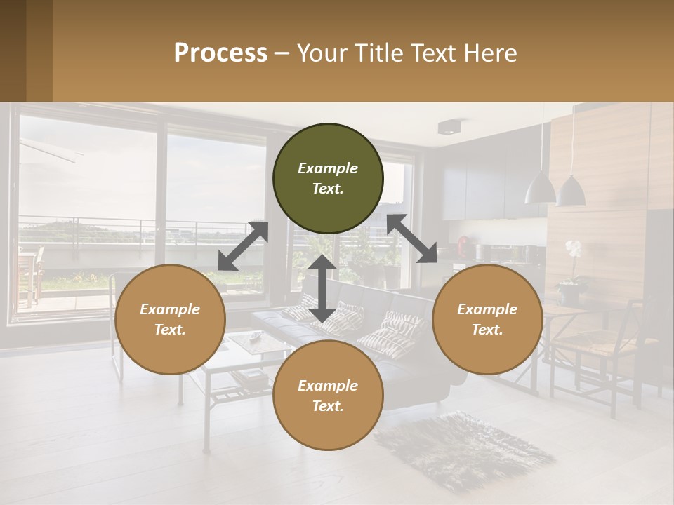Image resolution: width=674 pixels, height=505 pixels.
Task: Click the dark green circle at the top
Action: click(x=328, y=179)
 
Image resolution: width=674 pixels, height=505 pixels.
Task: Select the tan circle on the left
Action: click(x=170, y=319)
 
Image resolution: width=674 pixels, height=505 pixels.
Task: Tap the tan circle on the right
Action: click(x=487, y=319)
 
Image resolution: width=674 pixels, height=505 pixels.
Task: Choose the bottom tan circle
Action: click(x=328, y=396)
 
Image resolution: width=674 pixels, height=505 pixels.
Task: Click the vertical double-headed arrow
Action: click(x=322, y=288)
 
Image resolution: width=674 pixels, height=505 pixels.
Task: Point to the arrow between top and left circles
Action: click(x=243, y=246)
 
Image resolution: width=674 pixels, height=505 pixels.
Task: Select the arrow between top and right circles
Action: click(x=411, y=238)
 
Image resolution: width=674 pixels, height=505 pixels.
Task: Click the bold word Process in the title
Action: click(x=220, y=53)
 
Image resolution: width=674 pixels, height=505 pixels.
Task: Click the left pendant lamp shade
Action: click(x=540, y=187)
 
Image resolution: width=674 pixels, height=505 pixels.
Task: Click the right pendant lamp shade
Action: click(x=571, y=191)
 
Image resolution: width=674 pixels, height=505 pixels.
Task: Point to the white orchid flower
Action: click(x=574, y=248)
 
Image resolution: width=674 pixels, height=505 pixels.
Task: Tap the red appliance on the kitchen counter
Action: click(x=463, y=245)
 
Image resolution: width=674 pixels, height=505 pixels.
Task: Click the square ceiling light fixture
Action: click(x=448, y=127)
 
